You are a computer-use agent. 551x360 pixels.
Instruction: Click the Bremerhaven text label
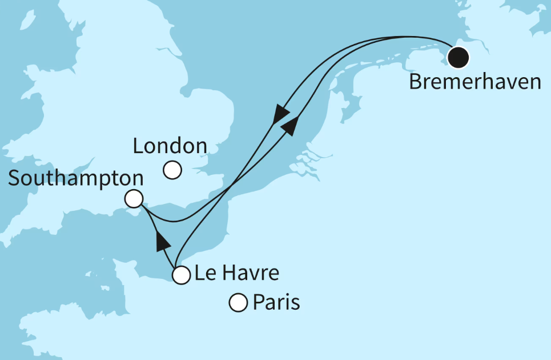point(475,82)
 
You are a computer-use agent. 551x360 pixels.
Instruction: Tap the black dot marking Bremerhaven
point(458,57)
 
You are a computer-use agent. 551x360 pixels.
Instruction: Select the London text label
point(170,146)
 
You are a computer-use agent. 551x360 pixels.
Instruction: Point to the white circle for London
point(172,170)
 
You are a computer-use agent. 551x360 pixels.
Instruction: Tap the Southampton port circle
point(134,199)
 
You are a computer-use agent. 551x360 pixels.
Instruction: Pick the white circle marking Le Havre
point(181,275)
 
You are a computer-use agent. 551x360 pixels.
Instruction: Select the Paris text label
point(276,302)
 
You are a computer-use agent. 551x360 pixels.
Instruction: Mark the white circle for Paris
point(238,302)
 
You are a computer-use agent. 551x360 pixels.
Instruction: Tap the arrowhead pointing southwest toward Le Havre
point(280,114)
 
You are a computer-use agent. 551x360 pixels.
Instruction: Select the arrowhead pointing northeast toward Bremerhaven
point(290,126)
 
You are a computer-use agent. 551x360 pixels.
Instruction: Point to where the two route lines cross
point(231,187)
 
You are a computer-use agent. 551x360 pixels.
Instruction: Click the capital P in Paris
point(259,302)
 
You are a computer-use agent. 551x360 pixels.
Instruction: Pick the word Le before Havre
point(204,273)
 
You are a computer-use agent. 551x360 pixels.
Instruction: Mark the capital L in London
point(138,146)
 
